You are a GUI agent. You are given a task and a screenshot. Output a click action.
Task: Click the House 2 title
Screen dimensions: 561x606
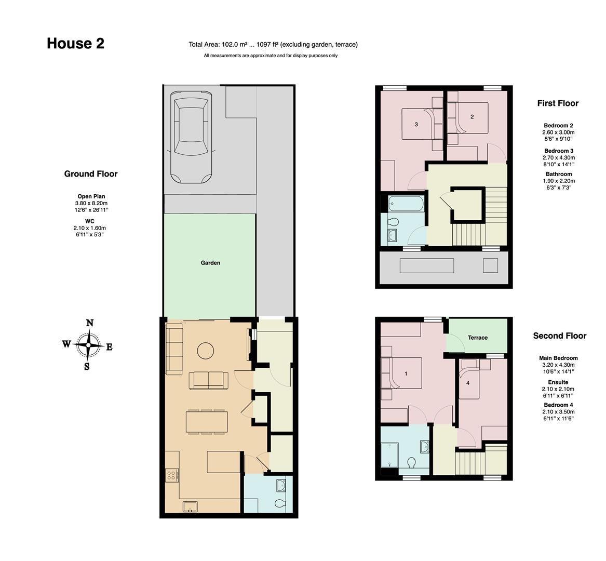click(x=75, y=43)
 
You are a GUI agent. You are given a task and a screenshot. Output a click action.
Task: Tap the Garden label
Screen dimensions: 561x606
click(x=210, y=263)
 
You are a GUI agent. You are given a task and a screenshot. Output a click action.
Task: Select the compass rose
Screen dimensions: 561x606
click(x=89, y=344)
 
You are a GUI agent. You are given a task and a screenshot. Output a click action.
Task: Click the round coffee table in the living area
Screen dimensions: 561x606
click(x=205, y=351)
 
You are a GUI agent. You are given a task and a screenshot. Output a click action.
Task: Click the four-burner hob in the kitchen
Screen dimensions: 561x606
click(x=172, y=474)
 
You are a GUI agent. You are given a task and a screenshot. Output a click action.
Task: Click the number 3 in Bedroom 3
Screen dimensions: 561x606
click(x=416, y=125)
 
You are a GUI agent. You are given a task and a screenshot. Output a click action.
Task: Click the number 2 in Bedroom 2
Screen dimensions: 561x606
click(x=472, y=117)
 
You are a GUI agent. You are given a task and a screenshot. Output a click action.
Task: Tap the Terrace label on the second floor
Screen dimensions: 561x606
click(x=478, y=338)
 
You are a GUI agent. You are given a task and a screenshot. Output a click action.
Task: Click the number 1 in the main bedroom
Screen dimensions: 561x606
click(x=406, y=373)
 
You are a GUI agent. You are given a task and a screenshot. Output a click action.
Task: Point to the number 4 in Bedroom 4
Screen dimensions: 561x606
click(x=468, y=383)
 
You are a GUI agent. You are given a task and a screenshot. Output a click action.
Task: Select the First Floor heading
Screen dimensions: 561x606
click(x=558, y=103)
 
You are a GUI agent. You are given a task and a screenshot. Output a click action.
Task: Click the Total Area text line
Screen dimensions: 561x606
click(x=273, y=45)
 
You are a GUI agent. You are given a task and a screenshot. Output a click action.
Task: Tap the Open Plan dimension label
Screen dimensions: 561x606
click(x=91, y=196)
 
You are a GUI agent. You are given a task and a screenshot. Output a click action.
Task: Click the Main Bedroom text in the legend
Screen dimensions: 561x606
click(x=558, y=358)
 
